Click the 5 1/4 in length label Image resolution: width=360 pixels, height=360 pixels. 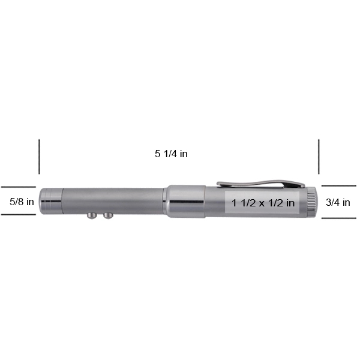click(x=171, y=154)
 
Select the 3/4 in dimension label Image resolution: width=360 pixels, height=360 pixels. click(x=338, y=202)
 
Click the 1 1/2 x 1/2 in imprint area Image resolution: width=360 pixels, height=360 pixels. click(x=263, y=203)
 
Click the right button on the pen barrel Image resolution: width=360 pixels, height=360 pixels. click(x=108, y=214)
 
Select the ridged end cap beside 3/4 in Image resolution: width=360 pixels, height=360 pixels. click(x=311, y=202)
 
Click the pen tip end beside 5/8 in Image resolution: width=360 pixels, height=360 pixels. click(x=49, y=201)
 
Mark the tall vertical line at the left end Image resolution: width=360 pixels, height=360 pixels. click(x=40, y=157)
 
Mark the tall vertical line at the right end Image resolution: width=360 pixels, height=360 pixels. click(x=319, y=157)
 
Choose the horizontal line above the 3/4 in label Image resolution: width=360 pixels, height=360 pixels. click(x=339, y=186)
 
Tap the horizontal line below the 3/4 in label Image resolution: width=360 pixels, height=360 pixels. click(x=339, y=218)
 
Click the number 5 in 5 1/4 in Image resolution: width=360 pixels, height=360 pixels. click(x=157, y=154)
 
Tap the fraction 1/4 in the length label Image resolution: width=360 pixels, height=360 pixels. click(x=170, y=154)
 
